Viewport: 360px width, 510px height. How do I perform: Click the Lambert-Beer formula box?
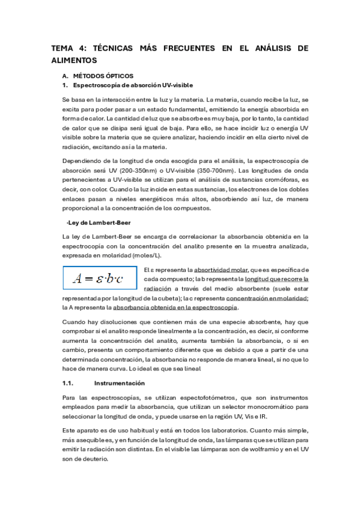[x=100, y=278]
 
